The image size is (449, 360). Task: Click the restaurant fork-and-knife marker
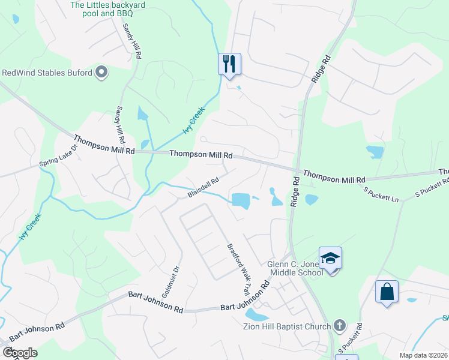coord(229,64)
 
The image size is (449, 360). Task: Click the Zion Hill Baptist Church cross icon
coord(339,326)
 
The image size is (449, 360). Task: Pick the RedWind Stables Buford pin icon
coord(101,73)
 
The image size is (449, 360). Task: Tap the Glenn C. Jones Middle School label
coord(295,268)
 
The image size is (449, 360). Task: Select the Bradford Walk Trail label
coord(238,268)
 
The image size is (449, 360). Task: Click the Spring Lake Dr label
coord(59,155)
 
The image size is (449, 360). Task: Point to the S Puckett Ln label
coord(382,193)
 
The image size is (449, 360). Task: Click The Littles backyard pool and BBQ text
coord(108,9)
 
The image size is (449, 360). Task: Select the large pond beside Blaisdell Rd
coord(241,200)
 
